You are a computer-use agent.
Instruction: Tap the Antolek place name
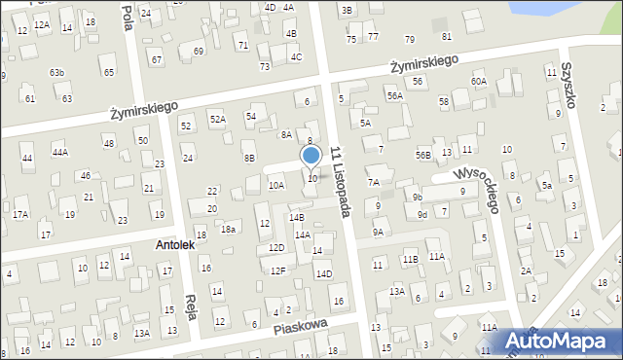coord(175,245)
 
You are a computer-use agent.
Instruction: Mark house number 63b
coord(57,73)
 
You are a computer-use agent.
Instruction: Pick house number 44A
coord(60,152)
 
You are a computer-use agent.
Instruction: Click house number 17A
coord(20,213)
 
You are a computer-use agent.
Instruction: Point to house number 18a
coord(228,229)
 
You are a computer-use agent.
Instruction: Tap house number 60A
coord(478,81)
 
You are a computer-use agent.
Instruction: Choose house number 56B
coord(422,155)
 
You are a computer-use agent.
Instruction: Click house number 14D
coord(323,273)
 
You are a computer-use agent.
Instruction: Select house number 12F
coord(278,270)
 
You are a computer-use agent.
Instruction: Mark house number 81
coord(447,36)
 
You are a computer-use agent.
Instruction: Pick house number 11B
coord(410,259)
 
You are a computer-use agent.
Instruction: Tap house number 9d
coord(421,214)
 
